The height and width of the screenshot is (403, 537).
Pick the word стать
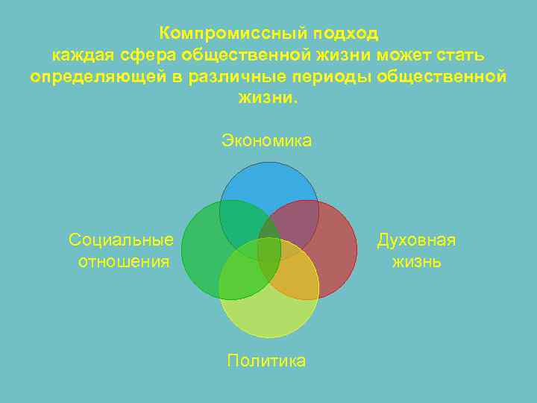coord(465,54)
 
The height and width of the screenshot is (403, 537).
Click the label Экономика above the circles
coord(267,140)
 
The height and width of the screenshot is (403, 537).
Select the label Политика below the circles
coord(267,361)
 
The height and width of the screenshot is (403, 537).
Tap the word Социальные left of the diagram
coord(121,240)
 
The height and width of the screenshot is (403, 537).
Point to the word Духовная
coord(416,240)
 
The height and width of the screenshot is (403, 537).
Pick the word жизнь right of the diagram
coord(416,261)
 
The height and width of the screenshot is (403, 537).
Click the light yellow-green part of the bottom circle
coord(268,317)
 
